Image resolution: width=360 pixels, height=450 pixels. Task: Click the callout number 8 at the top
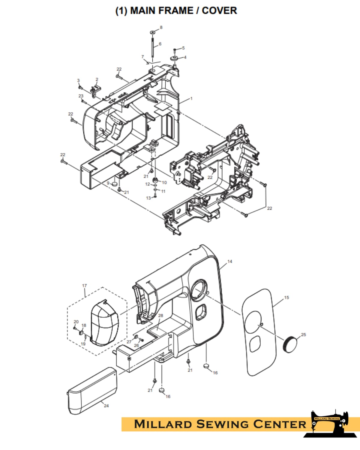click(161, 27)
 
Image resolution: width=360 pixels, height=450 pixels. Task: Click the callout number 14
click(230, 261)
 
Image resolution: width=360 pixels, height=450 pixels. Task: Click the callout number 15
click(286, 297)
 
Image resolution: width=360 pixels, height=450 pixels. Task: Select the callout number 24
click(106, 406)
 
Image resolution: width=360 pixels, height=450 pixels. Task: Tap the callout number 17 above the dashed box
click(84, 286)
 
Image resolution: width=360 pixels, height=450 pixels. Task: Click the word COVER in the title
click(219, 11)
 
